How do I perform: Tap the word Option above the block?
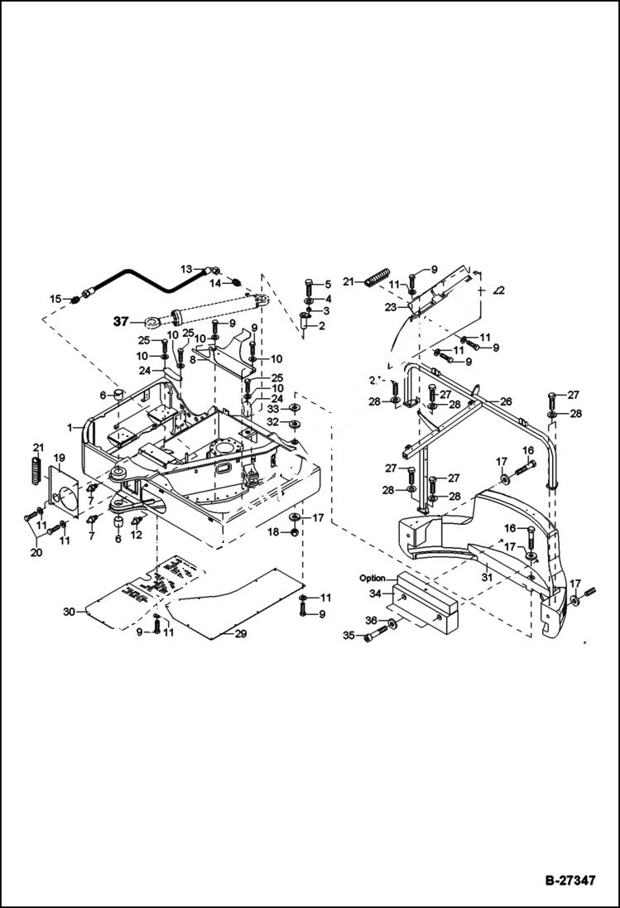point(372,578)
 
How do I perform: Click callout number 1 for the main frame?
point(72,428)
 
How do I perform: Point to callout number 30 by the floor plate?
point(69,612)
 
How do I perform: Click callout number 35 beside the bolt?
point(349,636)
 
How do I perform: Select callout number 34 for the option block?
point(374,593)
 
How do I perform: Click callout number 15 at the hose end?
point(55,298)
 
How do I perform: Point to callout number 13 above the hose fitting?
point(187,269)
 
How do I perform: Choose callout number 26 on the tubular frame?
point(506,401)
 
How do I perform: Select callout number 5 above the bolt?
point(327,284)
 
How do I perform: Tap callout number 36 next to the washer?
point(372,620)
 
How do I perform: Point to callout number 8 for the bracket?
point(192,360)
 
